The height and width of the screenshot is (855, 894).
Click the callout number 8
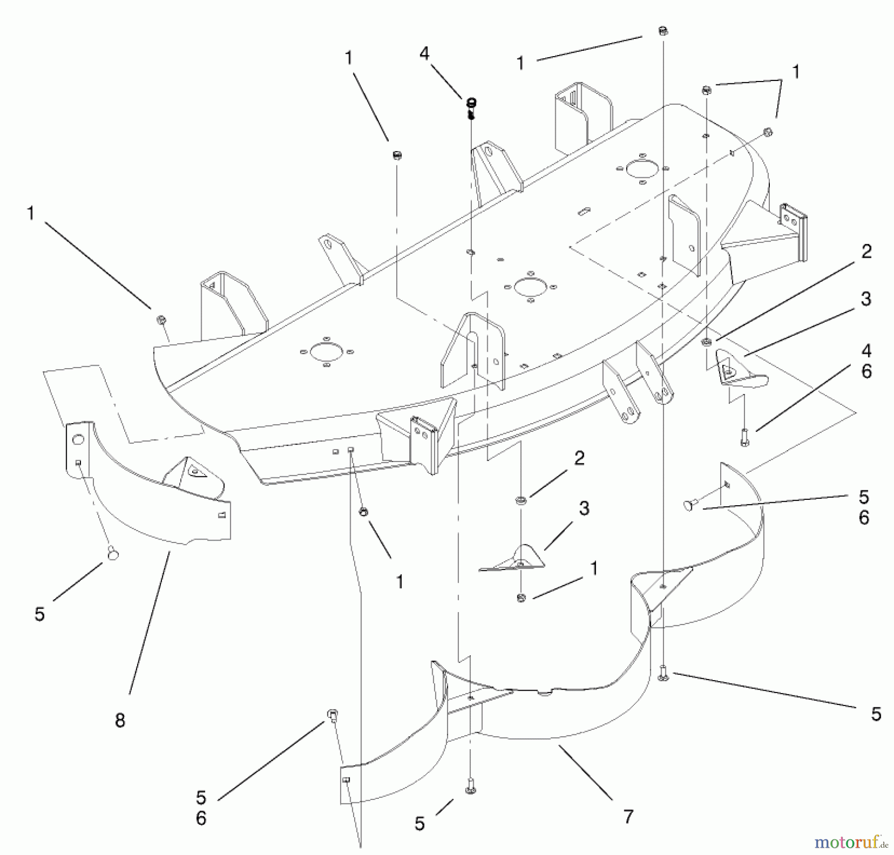120,720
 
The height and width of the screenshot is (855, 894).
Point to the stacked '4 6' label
866,361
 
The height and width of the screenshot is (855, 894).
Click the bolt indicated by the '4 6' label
744,437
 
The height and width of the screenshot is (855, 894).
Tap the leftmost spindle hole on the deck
326,352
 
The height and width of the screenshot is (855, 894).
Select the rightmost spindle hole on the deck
642,169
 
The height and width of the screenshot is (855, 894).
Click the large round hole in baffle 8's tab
78,439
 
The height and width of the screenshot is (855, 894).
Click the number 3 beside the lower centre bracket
584,508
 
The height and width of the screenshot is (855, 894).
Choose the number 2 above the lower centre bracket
579,458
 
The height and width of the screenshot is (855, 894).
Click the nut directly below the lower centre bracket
521,597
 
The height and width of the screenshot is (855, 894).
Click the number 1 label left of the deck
31,213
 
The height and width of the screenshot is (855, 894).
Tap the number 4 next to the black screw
424,53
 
